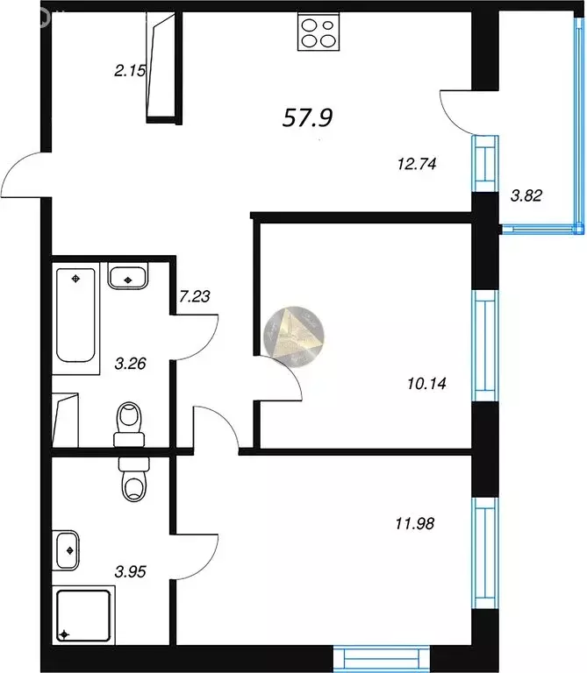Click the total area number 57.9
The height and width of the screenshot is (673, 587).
pyautogui.click(x=307, y=117)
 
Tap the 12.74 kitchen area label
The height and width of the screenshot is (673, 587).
pyautogui.click(x=417, y=164)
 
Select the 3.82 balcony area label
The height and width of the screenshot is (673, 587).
pyautogui.click(x=526, y=195)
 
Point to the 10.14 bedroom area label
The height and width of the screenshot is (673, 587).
pyautogui.click(x=426, y=383)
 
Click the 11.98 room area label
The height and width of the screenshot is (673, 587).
pyautogui.click(x=415, y=523)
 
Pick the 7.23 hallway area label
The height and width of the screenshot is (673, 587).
pyautogui.click(x=194, y=295)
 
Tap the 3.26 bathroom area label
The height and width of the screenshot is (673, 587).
pyautogui.click(x=130, y=364)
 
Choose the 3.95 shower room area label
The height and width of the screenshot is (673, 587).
pyautogui.click(x=130, y=571)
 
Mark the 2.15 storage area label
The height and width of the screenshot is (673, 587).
pyautogui.click(x=130, y=70)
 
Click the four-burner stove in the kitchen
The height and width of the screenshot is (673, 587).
pyautogui.click(x=318, y=32)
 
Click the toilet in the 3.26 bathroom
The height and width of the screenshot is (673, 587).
pyautogui.click(x=129, y=424)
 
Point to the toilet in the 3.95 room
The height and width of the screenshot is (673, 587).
pyautogui.click(x=133, y=478)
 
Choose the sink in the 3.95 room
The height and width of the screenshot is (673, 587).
pyautogui.click(x=66, y=550)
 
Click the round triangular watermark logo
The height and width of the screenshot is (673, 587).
pyautogui.click(x=293, y=337)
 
